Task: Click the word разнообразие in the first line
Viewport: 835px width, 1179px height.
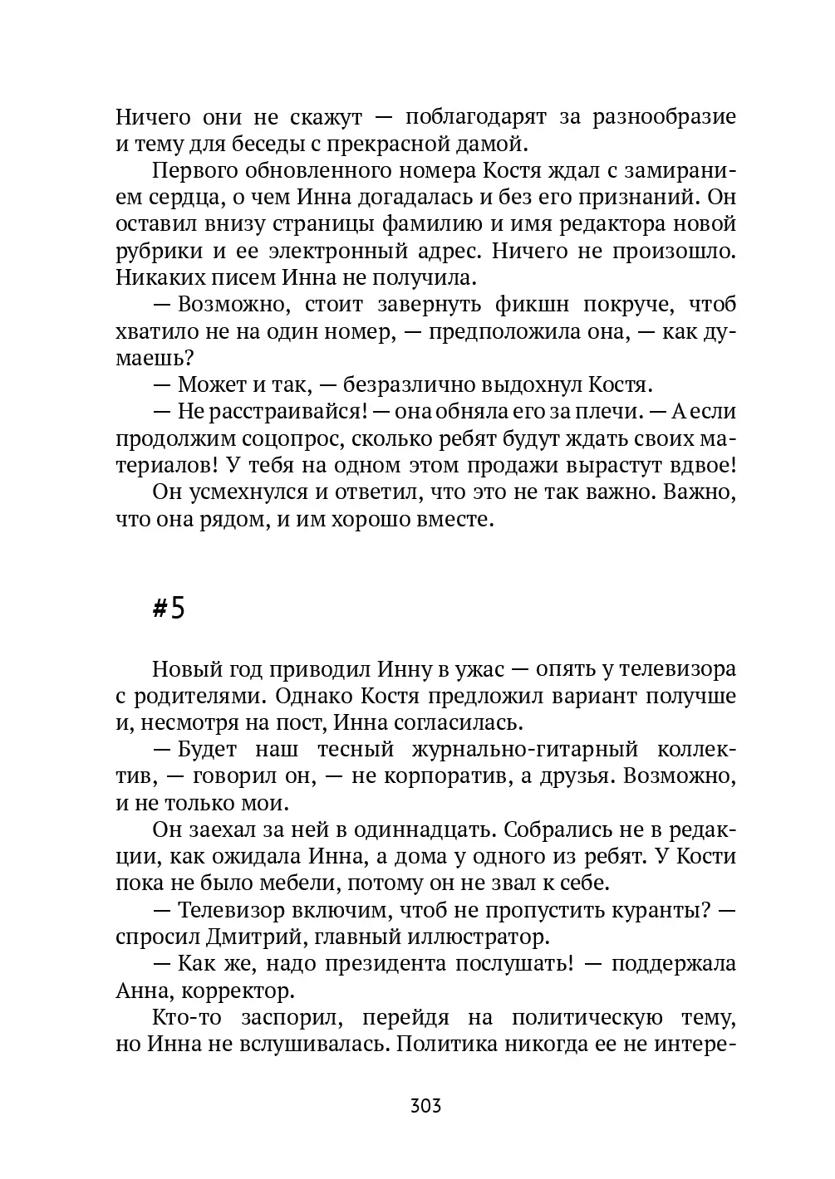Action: (x=664, y=117)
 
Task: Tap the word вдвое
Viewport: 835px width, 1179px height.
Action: (x=695, y=465)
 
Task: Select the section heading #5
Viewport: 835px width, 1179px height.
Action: (x=169, y=609)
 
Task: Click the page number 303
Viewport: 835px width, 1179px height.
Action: (x=425, y=1106)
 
